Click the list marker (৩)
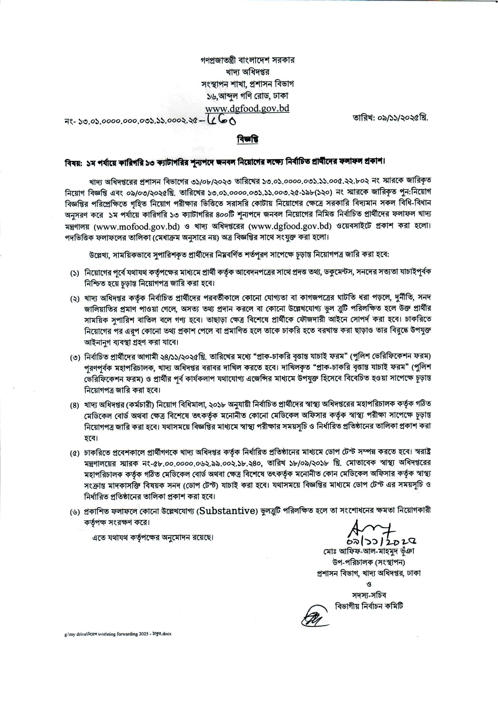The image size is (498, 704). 74,358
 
